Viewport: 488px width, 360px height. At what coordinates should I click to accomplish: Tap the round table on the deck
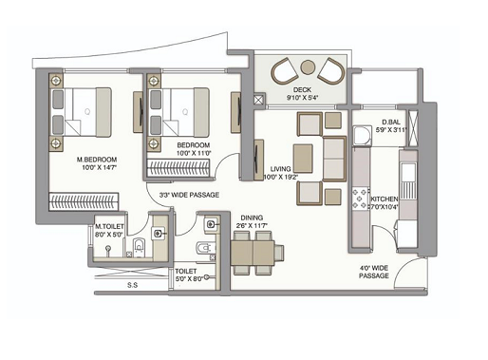tap(307, 67)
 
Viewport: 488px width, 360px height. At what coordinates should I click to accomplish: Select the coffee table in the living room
tap(304, 156)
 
